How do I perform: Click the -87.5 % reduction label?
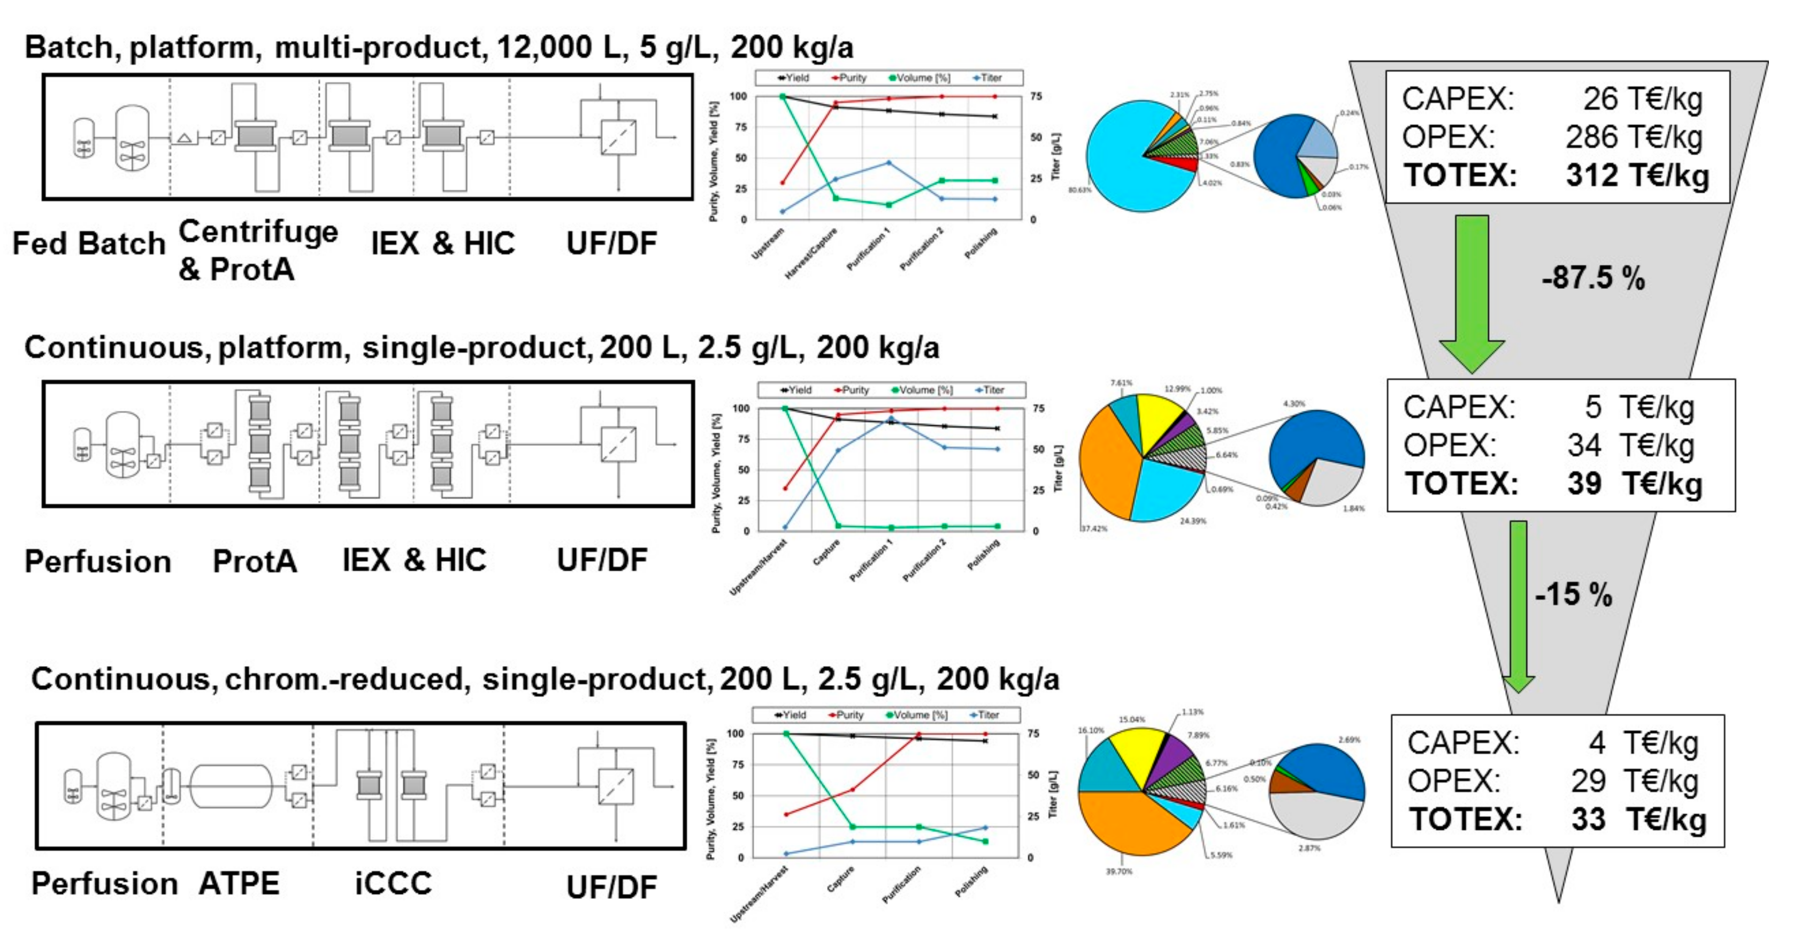pos(1592,278)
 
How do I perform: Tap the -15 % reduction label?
pos(1573,594)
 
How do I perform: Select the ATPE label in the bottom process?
pos(239,883)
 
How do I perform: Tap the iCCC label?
pos(393,883)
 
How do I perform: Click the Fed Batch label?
pos(89,243)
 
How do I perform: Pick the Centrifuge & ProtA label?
pos(257,249)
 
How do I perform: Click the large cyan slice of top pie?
pos(1121,167)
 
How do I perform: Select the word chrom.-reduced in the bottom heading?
pos(344,679)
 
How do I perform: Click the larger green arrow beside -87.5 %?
pos(1472,292)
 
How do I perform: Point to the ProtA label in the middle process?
pos(255,561)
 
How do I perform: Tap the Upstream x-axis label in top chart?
pos(767,243)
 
